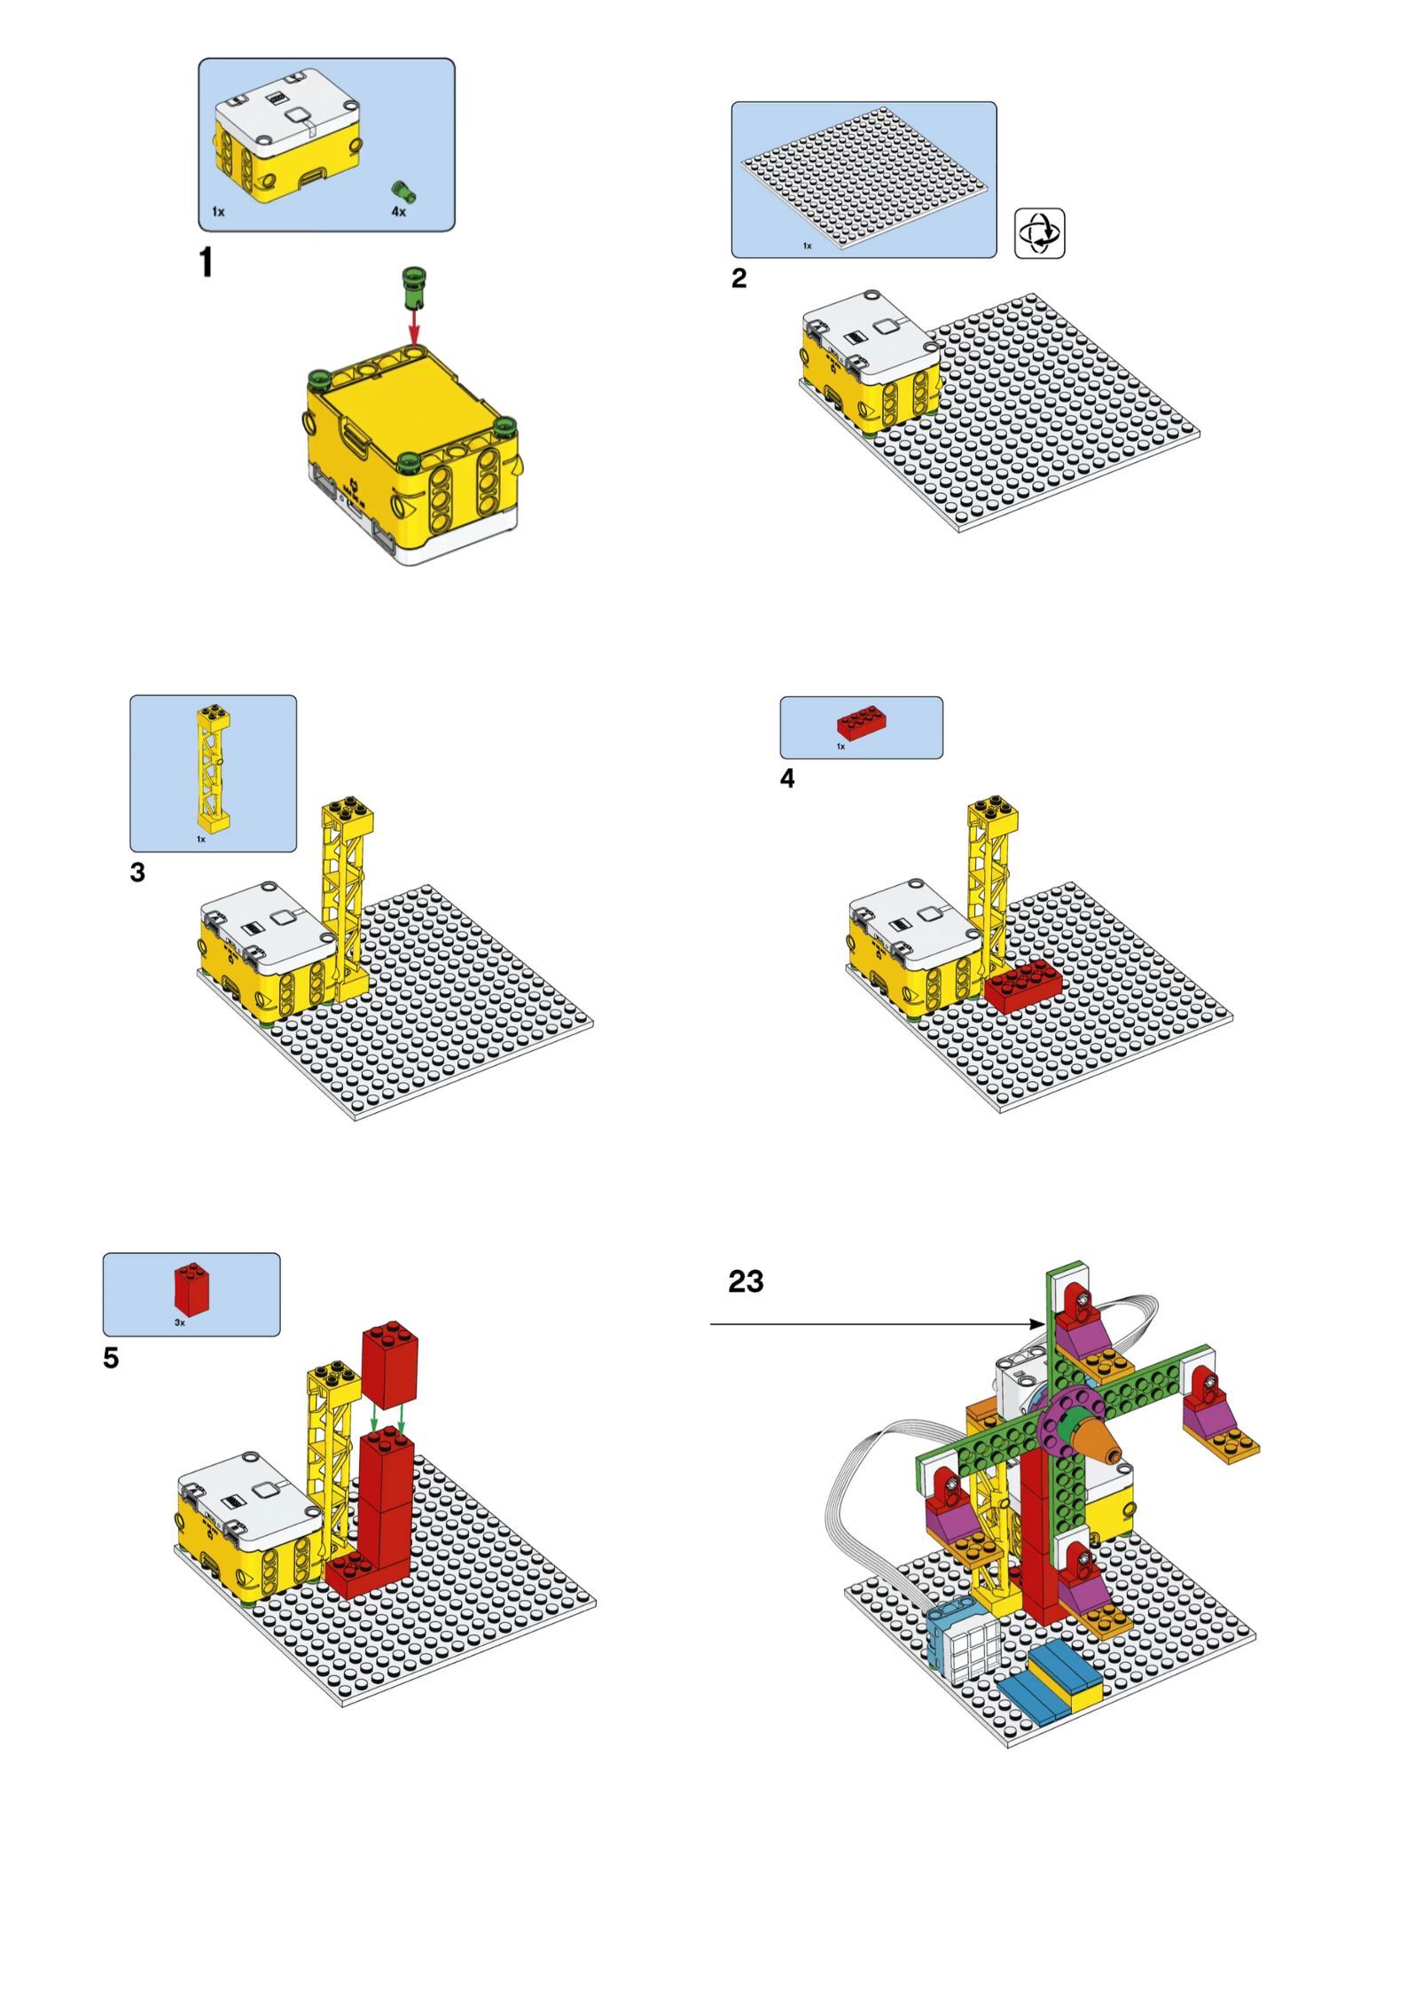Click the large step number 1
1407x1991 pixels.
[x=206, y=263]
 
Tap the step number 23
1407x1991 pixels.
[x=746, y=1282]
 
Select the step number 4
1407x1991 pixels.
[x=787, y=779]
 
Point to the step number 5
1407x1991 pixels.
[x=111, y=1359]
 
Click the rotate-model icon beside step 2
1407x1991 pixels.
[x=1039, y=233]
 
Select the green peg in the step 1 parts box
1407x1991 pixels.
[x=404, y=192]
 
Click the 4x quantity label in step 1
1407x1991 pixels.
[x=399, y=212]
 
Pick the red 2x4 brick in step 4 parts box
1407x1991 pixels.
[x=864, y=722]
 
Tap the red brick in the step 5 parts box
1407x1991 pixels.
[x=192, y=1289]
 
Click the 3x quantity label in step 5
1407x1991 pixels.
[x=180, y=1322]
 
